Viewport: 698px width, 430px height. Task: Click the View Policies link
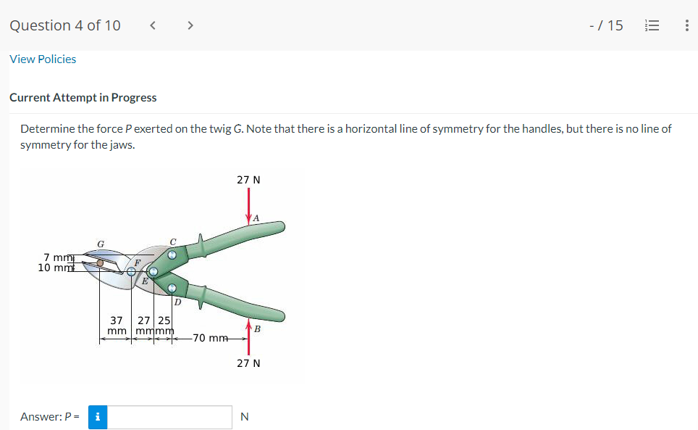tap(43, 59)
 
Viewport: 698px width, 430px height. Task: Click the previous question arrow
tap(153, 25)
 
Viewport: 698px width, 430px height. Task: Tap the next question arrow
tap(190, 25)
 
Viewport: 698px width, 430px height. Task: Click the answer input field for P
tap(170, 417)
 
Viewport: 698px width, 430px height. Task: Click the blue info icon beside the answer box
tap(98, 417)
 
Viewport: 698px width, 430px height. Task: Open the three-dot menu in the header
tap(686, 25)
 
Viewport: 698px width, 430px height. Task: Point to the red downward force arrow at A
tap(248, 203)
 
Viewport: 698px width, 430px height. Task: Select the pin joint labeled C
tap(172, 255)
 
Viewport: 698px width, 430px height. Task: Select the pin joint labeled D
tap(172, 289)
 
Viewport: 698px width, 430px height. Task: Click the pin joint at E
tap(154, 272)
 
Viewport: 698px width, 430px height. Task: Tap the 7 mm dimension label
tap(56, 257)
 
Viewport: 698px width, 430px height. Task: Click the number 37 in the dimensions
tap(116, 320)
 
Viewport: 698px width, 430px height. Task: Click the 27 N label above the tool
tap(248, 178)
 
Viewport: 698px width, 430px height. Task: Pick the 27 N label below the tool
tap(248, 363)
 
